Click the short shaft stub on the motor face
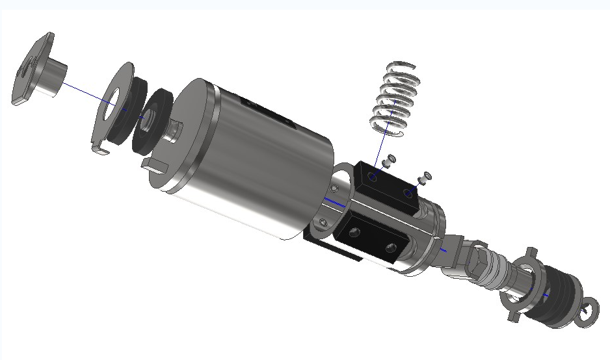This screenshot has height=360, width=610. [x=174, y=130]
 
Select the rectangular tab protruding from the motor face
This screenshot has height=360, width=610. [x=155, y=164]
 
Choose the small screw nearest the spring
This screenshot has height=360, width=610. [x=390, y=159]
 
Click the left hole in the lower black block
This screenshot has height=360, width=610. [x=355, y=231]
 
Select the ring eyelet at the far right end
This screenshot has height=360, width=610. [x=589, y=311]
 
